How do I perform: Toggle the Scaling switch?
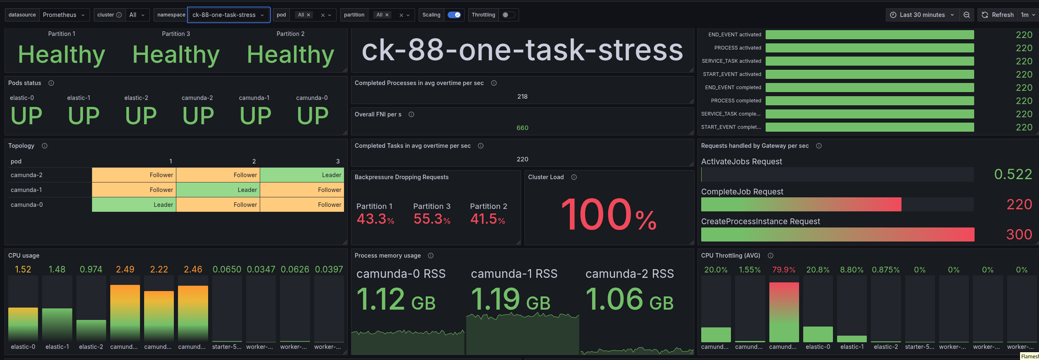pos(454,15)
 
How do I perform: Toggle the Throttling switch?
pos(508,15)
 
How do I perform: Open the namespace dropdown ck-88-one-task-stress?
pos(228,15)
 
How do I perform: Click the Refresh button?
pos(997,15)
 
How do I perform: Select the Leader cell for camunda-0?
pos(134,205)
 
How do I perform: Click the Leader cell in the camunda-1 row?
pos(218,190)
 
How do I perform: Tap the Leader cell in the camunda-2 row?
pos(302,175)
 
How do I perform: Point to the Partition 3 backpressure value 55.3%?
pos(432,219)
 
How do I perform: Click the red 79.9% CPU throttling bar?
pos(784,312)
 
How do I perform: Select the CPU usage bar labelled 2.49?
pos(125,313)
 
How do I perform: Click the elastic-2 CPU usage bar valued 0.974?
pos(91,330)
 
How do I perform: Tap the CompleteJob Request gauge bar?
pos(801,204)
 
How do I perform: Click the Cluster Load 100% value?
pos(608,215)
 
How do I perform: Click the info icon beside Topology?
pos(45,146)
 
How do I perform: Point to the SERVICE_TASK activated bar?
pos(869,61)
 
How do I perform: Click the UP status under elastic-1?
pos(83,116)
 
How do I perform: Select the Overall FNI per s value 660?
pos(522,128)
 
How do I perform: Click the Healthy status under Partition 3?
pos(176,54)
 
